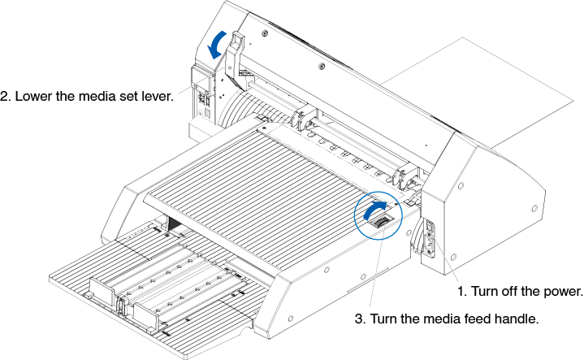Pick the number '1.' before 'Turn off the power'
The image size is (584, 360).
[x=460, y=290]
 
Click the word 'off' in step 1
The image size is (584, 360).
[x=509, y=290]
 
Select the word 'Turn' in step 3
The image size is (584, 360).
[x=384, y=318]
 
